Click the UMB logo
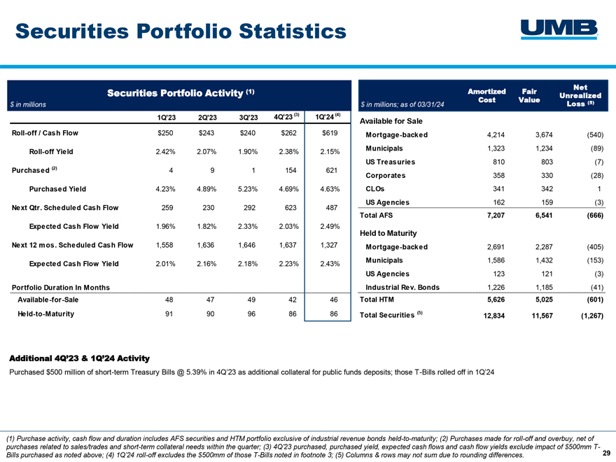point(559,29)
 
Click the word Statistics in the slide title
point(293,31)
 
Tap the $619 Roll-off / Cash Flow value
point(330,133)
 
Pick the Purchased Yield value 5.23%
point(248,189)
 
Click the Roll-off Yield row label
point(51,152)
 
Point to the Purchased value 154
point(290,170)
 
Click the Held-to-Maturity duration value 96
point(251,314)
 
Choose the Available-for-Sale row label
point(48,300)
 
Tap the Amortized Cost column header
point(486,95)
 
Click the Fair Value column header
point(529,95)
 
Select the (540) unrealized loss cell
point(595,134)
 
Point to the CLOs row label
point(375,189)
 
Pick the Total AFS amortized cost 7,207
point(496,216)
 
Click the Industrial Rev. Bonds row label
point(402,287)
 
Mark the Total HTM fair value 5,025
point(544,300)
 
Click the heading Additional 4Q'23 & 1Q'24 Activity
point(79,358)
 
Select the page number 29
point(607,453)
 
